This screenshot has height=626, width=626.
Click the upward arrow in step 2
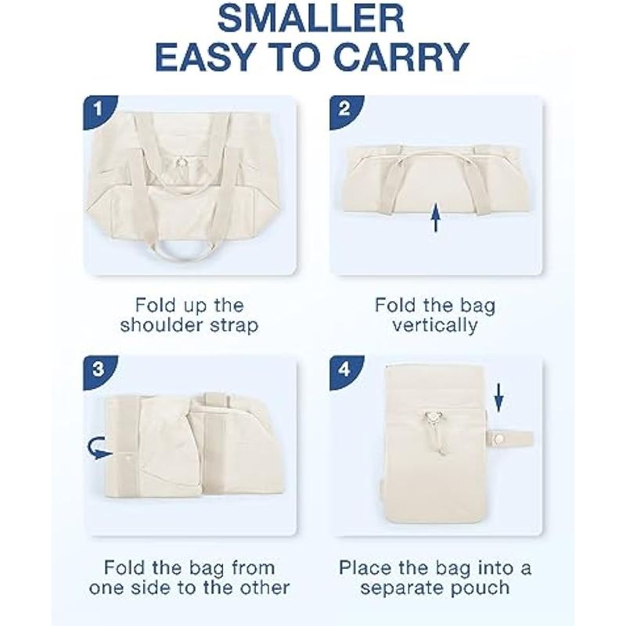[436, 218]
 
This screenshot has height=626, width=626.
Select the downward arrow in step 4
[498, 398]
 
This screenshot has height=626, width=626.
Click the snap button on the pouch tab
[498, 439]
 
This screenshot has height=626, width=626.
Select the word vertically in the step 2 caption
[435, 326]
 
